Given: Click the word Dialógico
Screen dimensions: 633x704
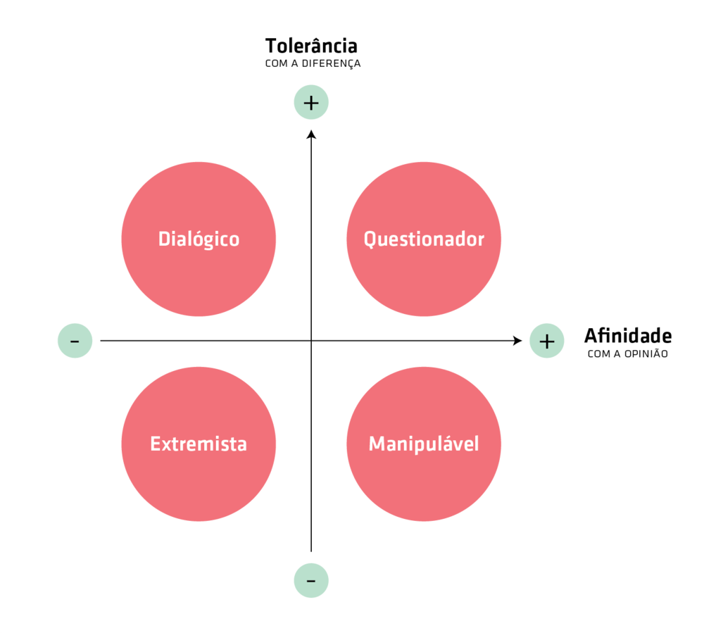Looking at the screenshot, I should coord(199,239).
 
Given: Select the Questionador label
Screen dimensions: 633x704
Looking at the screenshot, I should coord(424,239).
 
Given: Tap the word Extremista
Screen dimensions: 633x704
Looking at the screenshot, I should coord(199,444).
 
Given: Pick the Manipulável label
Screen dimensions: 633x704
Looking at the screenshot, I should coord(424,444).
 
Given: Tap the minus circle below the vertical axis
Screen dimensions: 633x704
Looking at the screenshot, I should coord(311,581).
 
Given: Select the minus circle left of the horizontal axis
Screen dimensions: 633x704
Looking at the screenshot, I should coord(75,341).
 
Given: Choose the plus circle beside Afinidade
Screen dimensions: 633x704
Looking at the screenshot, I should coord(547,341).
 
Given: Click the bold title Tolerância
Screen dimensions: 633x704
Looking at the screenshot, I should coord(311,46).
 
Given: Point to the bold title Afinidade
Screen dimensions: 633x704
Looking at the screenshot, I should coord(627,336).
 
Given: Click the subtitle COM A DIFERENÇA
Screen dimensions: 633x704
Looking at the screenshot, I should coord(313,64).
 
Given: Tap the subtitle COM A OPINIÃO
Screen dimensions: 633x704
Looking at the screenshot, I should coord(627,354).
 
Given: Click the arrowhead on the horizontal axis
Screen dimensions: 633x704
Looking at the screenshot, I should coord(517,341).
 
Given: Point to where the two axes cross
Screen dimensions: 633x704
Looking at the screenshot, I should coord(311,341).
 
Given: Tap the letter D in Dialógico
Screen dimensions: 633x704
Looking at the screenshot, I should coord(163,239).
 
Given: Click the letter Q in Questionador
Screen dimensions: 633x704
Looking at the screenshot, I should coord(370,239).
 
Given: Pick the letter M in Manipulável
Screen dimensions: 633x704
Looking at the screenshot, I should coord(376,444).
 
